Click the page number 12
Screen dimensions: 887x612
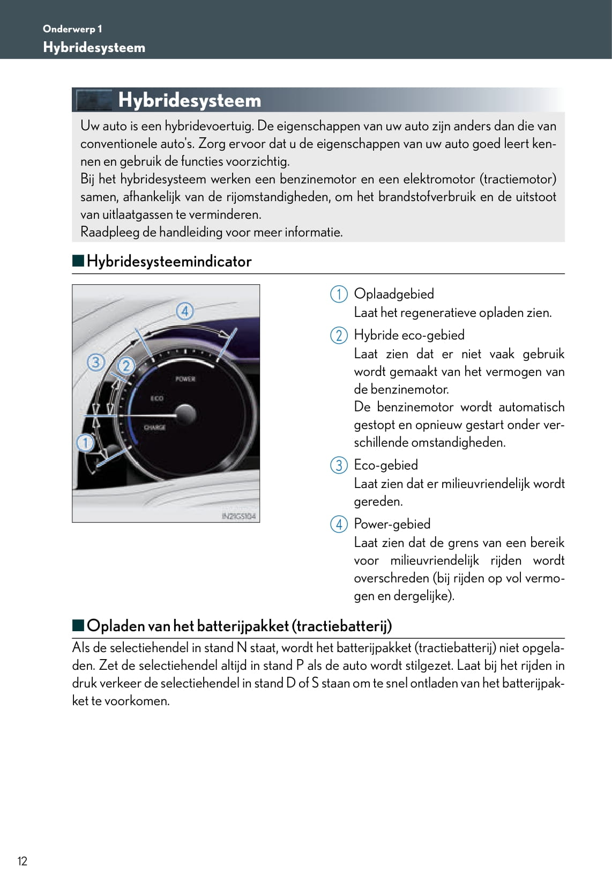(x=22, y=861)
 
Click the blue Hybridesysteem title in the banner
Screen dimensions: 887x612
(x=189, y=100)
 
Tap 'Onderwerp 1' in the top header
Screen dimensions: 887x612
(x=72, y=29)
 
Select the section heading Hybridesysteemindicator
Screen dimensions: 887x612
(x=169, y=262)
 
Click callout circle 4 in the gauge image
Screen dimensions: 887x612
(x=185, y=311)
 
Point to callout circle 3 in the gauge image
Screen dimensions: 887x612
(x=95, y=363)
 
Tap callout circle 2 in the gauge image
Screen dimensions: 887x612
(x=126, y=366)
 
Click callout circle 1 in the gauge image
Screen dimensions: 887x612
(x=85, y=443)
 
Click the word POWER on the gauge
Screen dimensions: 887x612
(x=185, y=379)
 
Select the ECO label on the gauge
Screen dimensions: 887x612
(x=156, y=398)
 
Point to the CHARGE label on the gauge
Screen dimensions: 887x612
(x=154, y=427)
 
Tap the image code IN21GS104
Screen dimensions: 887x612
(x=238, y=516)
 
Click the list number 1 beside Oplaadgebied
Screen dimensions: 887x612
(x=339, y=294)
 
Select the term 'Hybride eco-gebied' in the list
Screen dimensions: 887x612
(x=409, y=335)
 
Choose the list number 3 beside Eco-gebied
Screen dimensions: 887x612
(x=339, y=465)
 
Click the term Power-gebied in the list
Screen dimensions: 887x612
(x=392, y=524)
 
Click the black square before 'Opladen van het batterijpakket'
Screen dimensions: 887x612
(x=79, y=625)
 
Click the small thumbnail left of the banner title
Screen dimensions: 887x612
(x=94, y=100)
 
